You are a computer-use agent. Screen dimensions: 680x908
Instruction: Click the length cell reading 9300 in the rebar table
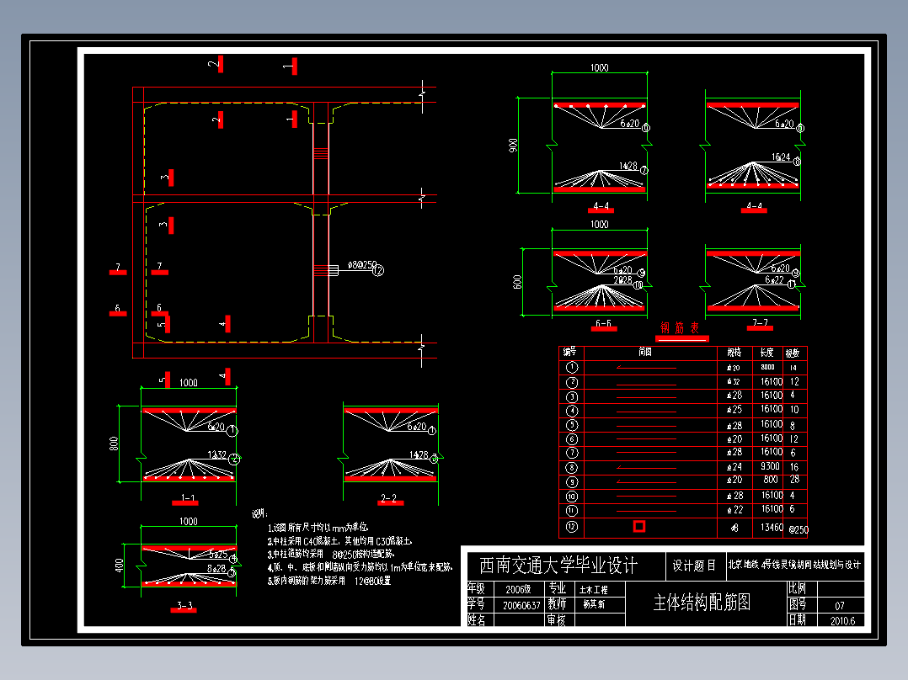click(x=772, y=466)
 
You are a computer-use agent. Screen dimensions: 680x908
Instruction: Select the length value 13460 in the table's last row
click(x=772, y=528)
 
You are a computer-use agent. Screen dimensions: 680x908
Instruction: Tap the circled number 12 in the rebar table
click(x=572, y=527)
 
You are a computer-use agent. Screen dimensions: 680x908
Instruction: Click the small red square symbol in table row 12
click(x=639, y=526)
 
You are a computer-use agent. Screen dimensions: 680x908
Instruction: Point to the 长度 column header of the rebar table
click(x=766, y=352)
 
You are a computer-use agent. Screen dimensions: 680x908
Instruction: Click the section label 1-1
click(x=188, y=499)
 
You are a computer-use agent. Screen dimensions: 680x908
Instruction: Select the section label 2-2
click(x=388, y=499)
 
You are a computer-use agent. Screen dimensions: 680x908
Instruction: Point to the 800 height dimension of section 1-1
click(x=115, y=444)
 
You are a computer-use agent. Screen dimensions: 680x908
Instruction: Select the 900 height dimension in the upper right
click(x=513, y=146)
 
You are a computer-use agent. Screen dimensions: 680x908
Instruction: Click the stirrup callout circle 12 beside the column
click(x=377, y=271)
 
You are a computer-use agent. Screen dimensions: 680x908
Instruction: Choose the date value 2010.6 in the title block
click(x=841, y=621)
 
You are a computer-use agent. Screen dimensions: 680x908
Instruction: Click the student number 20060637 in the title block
click(x=521, y=605)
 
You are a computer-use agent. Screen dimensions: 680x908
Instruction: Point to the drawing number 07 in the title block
click(x=839, y=605)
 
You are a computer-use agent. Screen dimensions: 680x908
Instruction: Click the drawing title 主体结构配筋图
click(x=702, y=603)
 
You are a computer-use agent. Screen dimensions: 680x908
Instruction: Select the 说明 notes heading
click(x=259, y=513)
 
